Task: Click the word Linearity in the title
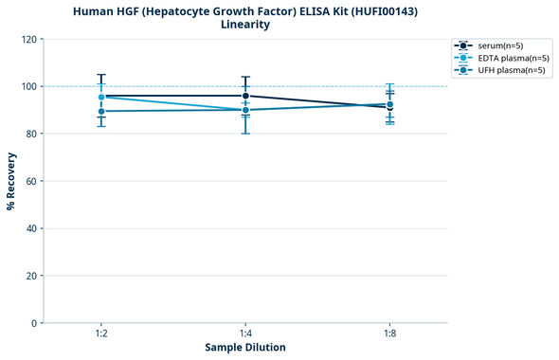coord(245,25)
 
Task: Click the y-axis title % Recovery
coord(11,181)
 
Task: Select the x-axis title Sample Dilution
coord(245,348)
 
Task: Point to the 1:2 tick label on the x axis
coord(101,333)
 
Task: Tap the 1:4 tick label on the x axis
coord(245,333)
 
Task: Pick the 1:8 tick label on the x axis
coord(390,333)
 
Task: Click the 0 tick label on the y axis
coord(33,323)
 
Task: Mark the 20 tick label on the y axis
coord(30,276)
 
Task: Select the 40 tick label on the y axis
coord(30,228)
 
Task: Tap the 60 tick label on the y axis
coord(30,181)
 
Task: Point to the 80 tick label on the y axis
coord(30,134)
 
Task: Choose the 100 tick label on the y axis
coord(28,86)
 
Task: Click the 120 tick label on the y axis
coord(28,39)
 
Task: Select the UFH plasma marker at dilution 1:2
coord(101,112)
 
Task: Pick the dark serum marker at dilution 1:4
coord(245,96)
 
